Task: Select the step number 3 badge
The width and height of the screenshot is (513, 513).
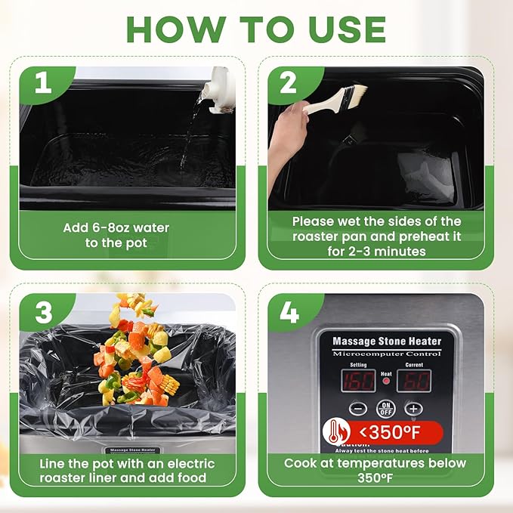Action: [44, 311]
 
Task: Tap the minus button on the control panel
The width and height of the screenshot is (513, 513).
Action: [359, 409]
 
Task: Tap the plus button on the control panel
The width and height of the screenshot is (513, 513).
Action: [413, 409]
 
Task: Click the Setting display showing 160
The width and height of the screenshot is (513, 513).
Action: [358, 379]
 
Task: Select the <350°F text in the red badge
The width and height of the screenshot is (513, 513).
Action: [394, 434]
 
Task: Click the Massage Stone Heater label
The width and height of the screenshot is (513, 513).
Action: [387, 341]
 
